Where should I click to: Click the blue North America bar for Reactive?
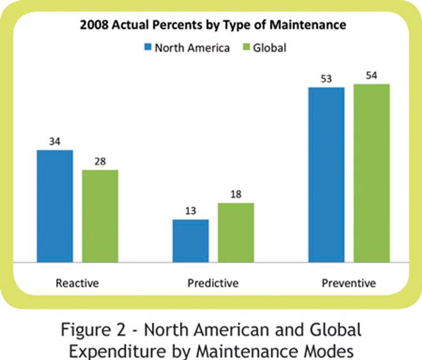[55, 206]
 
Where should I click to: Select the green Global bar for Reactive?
[100, 216]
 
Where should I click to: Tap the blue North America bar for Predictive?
[190, 241]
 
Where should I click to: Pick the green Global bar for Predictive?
[236, 233]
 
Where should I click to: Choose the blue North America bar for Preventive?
[326, 174]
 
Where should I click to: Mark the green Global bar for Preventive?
[371, 173]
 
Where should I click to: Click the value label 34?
[54, 142]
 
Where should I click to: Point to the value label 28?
[100, 162]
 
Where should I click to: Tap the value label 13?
[190, 211]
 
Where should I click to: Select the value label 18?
[236, 194]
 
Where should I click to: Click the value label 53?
[326, 79]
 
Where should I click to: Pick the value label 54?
[371, 76]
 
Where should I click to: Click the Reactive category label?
[77, 283]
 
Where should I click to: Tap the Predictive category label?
[213, 283]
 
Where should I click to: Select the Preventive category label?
[348, 283]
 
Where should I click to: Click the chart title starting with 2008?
[213, 25]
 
